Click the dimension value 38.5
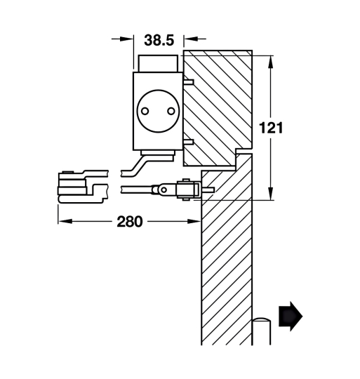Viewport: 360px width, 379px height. tap(159, 41)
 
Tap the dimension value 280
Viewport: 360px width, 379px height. tap(131, 222)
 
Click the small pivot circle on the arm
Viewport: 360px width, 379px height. tap(162, 189)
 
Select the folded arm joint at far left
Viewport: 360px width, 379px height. tap(76, 186)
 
